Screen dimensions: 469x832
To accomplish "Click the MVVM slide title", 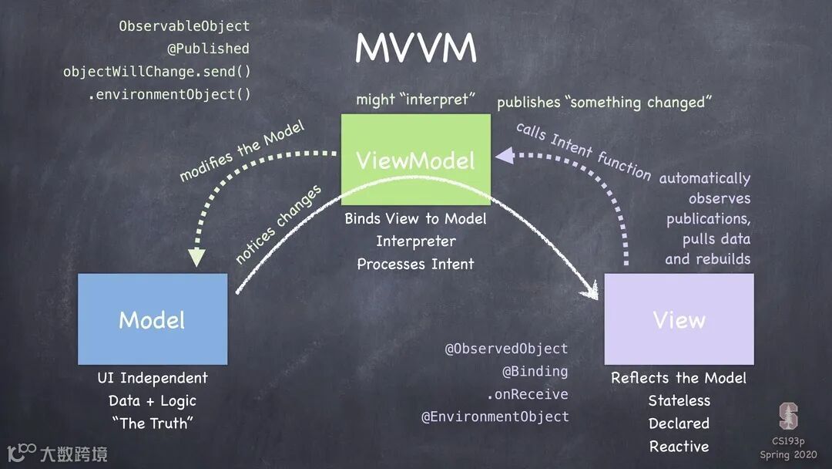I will (x=415, y=49).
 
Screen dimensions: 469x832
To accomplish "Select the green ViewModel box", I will (x=415, y=160).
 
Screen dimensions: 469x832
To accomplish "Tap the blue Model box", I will (x=153, y=319).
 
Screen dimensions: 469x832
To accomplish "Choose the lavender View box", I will (x=679, y=319).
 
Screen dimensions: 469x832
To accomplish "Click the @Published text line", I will (x=208, y=49).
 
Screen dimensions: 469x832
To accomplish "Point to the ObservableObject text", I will (x=184, y=26).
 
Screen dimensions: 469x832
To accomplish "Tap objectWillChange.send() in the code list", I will (x=157, y=72).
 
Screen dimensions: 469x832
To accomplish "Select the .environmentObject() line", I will (x=169, y=95).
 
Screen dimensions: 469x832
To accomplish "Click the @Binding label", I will (x=535, y=372).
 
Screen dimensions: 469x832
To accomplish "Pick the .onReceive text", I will (x=527, y=394).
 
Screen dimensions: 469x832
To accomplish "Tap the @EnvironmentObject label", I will (x=495, y=417).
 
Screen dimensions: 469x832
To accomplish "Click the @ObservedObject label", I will (x=506, y=349).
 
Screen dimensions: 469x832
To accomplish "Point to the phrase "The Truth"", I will (x=153, y=423).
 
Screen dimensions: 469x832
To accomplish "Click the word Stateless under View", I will (x=679, y=400).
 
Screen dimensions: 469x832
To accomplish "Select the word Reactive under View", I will (x=679, y=446).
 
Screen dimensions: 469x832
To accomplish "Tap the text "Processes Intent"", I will (x=415, y=264).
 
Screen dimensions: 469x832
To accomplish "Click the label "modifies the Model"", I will (x=242, y=151).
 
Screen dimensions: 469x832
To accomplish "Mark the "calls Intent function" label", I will (x=583, y=150).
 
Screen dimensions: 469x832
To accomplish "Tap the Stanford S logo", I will (x=788, y=417).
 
